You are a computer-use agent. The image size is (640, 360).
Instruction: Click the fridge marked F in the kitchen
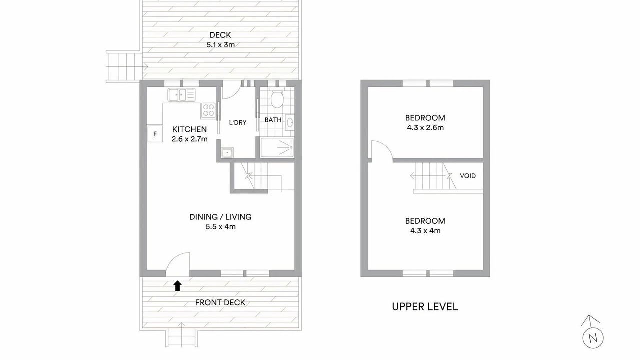click(155, 133)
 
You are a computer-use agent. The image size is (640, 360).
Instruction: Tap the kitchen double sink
click(181, 95)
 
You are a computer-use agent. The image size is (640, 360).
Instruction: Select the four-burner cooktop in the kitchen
click(208, 110)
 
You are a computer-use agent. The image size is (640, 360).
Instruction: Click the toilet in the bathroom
click(276, 98)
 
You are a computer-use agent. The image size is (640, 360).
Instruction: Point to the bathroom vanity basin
click(290, 122)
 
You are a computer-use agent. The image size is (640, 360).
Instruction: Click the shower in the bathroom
click(277, 147)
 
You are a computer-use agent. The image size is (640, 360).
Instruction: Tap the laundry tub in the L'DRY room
click(227, 152)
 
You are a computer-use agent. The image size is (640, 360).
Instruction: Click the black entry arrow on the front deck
click(177, 286)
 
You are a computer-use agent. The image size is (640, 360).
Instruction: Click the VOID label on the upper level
click(468, 176)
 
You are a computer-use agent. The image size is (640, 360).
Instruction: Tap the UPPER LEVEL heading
click(425, 307)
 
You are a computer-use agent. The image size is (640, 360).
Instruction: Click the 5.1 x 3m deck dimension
click(221, 45)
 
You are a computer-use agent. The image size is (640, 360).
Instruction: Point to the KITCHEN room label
click(189, 129)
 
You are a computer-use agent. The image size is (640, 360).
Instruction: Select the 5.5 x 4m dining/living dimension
click(221, 227)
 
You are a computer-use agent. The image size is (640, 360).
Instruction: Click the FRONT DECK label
click(220, 303)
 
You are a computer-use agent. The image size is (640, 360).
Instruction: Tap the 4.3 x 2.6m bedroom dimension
click(425, 128)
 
